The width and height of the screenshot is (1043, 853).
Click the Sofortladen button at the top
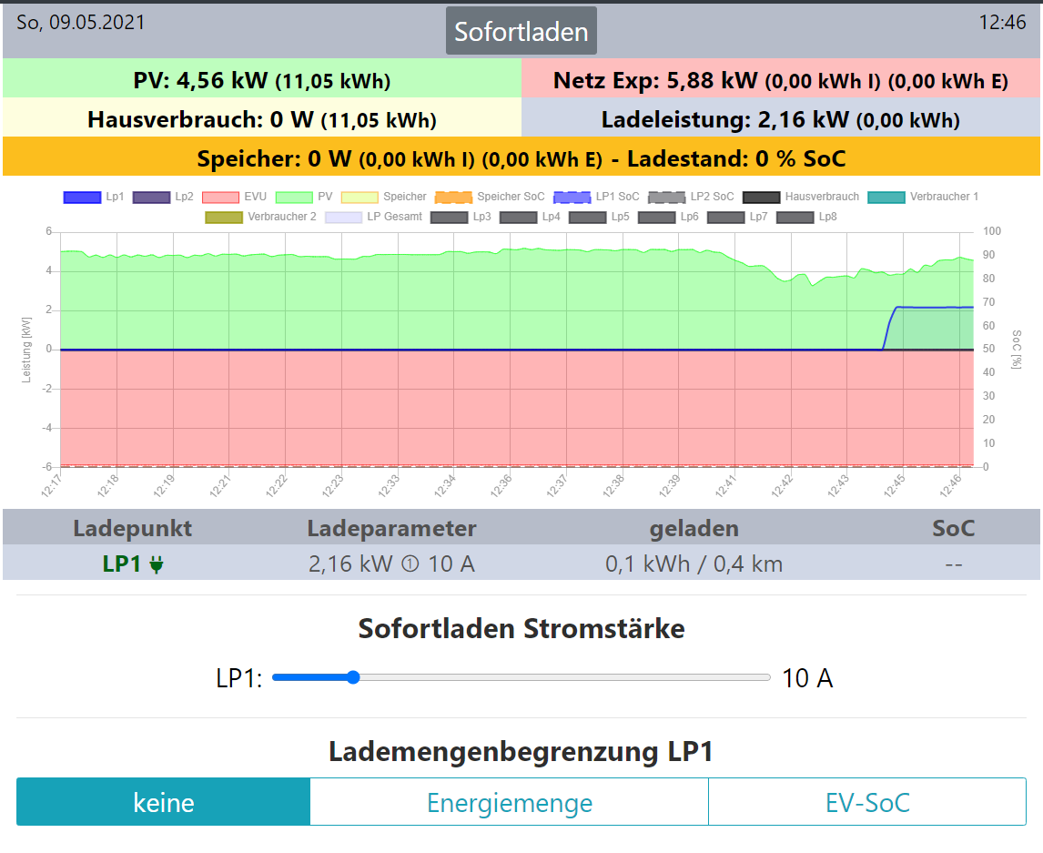click(x=521, y=31)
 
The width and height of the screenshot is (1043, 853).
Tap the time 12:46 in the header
click(x=1002, y=23)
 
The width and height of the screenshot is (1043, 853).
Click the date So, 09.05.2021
click(x=80, y=23)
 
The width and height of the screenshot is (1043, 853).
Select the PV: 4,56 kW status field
click(x=262, y=80)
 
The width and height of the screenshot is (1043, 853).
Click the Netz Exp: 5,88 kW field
click(x=781, y=80)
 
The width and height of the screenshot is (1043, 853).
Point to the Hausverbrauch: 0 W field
click(x=262, y=119)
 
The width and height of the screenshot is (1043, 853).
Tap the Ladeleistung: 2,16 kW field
click(x=781, y=119)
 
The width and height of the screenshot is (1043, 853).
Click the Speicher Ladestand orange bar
click(x=521, y=158)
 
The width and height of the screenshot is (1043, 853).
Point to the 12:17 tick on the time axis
click(x=52, y=486)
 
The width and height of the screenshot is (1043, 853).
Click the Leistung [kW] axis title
click(x=27, y=350)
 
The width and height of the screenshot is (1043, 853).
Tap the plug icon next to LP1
click(x=157, y=565)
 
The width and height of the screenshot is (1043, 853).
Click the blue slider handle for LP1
click(x=353, y=677)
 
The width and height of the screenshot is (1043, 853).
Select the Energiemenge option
click(x=510, y=802)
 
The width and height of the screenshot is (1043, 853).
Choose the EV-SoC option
click(x=866, y=802)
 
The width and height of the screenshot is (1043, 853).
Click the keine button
click(x=164, y=802)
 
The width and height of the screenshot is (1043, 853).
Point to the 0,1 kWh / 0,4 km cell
click(x=694, y=564)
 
